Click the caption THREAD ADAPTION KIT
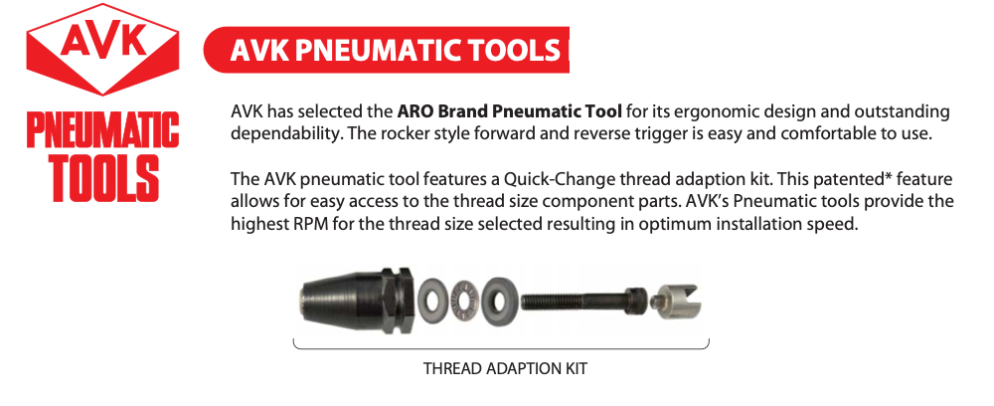point(505,369)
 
